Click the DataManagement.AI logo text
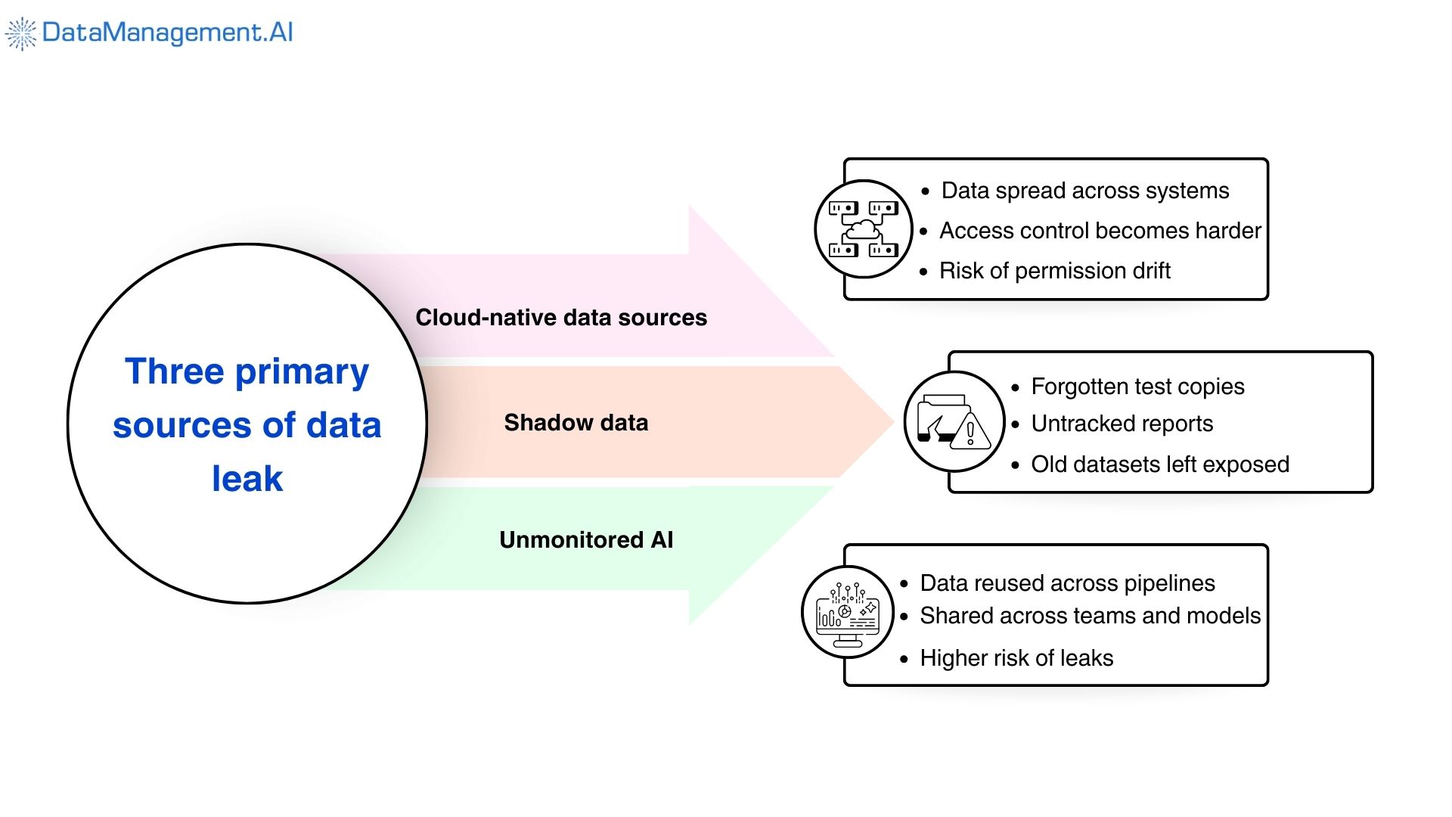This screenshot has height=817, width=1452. point(167,33)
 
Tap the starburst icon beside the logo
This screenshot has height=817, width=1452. point(20,33)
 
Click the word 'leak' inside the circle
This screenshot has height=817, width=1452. point(247,479)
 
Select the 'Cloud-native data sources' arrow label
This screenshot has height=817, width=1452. point(561,318)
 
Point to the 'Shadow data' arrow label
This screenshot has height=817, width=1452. point(576,423)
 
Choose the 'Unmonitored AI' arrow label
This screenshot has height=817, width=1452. point(586,540)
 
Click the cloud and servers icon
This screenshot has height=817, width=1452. point(864,229)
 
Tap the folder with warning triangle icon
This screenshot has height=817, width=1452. point(954,422)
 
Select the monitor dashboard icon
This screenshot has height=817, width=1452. point(848,612)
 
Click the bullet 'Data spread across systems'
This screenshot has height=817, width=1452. point(1084,191)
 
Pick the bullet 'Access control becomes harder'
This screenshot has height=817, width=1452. point(1100,231)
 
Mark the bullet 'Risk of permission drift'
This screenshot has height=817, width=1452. point(1054,271)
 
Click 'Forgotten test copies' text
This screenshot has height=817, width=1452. point(1137,387)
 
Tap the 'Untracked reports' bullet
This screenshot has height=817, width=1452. point(1122,424)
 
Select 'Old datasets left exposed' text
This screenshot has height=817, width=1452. point(1159,464)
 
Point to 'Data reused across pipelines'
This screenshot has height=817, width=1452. point(1067,583)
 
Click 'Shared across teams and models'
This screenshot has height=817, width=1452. point(1090,616)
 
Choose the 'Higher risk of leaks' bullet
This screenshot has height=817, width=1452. point(1016,658)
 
